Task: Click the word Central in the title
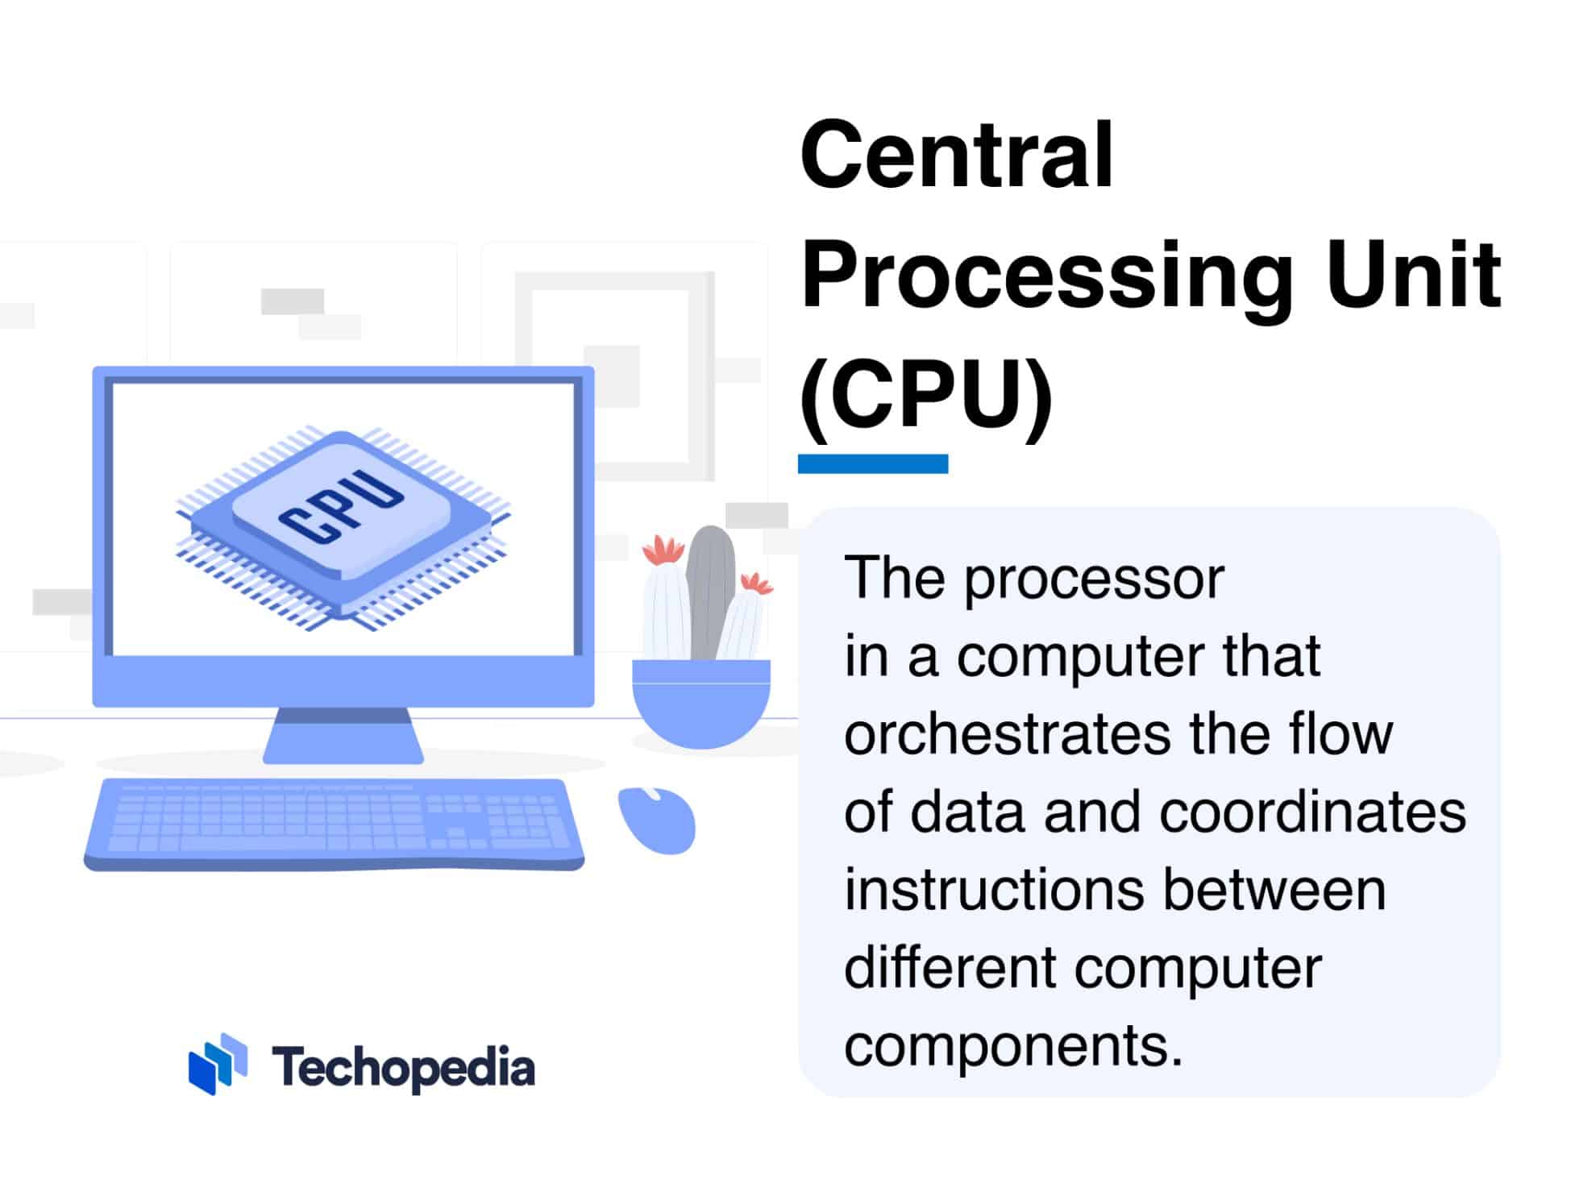point(956,155)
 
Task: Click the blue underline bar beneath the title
point(872,463)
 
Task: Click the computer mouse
point(657,820)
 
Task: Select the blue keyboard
point(335,822)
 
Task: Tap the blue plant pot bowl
point(700,701)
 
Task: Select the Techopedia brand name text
point(403,1067)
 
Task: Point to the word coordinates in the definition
point(1312,812)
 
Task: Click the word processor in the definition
point(1094,579)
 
